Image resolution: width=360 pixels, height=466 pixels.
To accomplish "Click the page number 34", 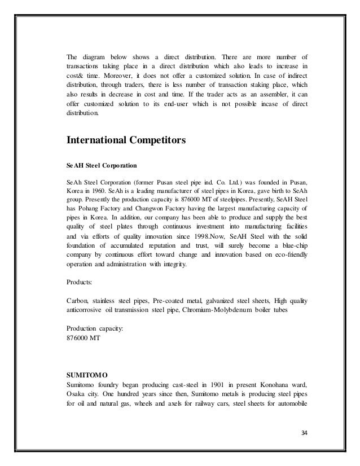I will click(x=306, y=433).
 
